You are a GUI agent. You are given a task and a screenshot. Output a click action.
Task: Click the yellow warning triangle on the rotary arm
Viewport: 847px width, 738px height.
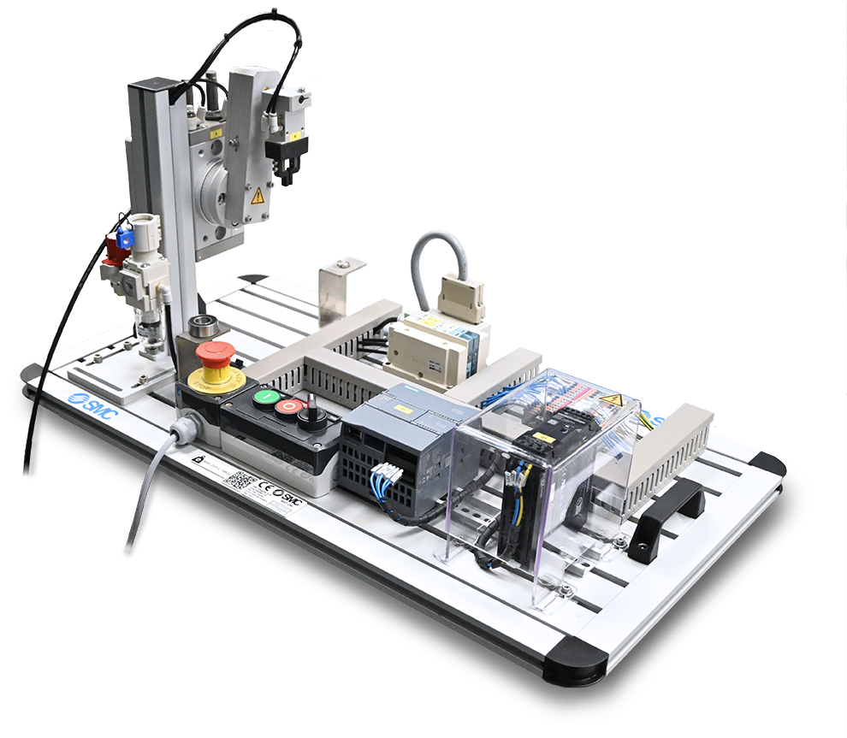point(257,195)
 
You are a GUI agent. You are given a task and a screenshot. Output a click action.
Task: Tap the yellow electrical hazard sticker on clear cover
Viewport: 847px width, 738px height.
point(610,399)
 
